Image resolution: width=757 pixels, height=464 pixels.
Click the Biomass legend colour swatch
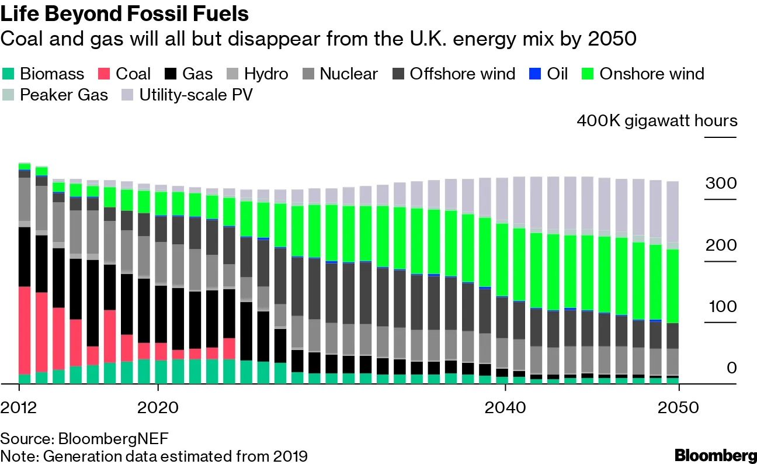pos(9,74)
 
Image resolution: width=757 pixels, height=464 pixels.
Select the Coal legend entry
pos(133,74)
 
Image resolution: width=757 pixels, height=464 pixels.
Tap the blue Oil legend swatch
pos(535,74)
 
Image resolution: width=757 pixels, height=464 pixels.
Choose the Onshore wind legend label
pos(652,74)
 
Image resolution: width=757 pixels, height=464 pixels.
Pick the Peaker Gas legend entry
pos(64,95)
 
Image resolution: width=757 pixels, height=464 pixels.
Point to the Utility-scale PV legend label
pos(196,95)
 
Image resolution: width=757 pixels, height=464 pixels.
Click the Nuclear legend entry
pos(349,74)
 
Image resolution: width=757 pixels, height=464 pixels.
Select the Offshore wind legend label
pos(462,74)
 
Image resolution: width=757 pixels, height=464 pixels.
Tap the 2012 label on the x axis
pos(19,407)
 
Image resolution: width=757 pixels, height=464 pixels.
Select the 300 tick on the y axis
pos(721,183)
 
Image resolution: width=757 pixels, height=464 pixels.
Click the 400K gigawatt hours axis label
pos(657,121)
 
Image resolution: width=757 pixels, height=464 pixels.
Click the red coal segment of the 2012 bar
pos(25,330)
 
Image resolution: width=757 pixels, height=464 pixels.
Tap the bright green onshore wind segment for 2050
pos(673,286)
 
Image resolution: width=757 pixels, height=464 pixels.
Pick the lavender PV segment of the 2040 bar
pos(502,199)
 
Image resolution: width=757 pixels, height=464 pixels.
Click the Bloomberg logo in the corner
pos(715,455)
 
